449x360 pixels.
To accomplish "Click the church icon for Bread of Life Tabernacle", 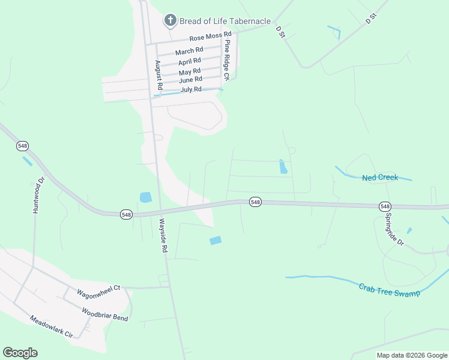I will (170, 21).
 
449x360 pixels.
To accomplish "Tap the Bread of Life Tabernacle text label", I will (225, 21).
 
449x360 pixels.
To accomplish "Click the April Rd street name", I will (190, 62).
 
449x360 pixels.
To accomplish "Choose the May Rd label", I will (190, 72).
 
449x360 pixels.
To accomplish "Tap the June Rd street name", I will (190, 80).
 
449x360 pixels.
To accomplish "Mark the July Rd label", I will (190, 90).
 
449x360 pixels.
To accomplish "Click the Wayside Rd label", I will (163, 235).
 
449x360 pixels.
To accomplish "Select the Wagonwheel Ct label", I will (99, 292).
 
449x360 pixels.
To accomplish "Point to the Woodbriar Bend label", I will (104, 314).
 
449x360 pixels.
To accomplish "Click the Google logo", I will (20, 353).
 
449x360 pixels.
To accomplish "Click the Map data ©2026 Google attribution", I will (412, 355).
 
